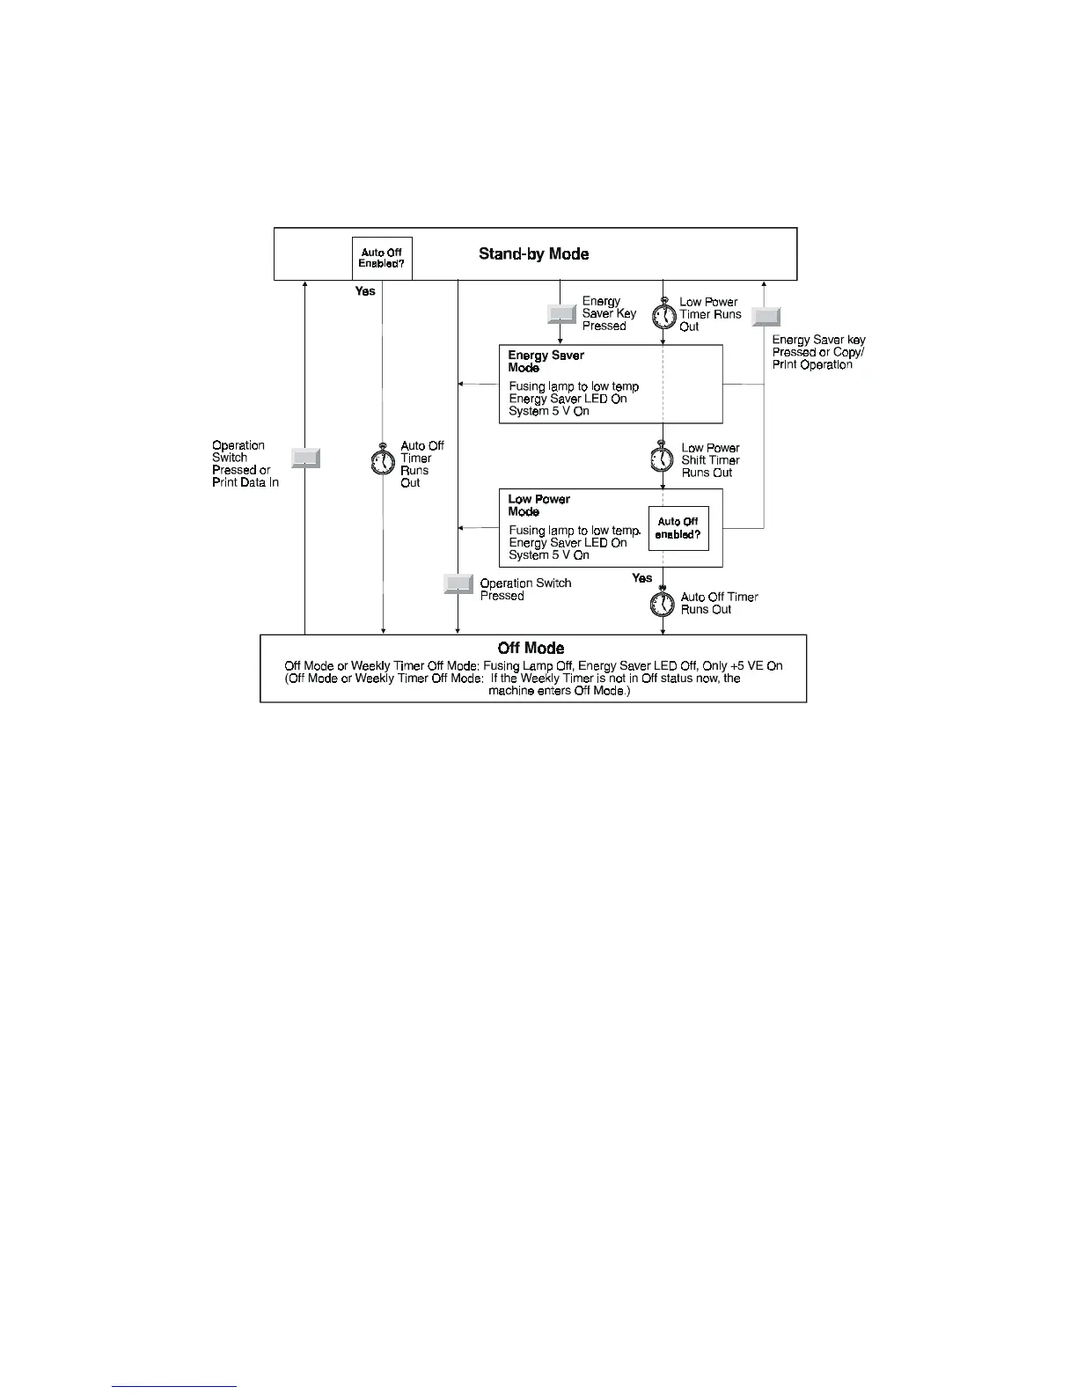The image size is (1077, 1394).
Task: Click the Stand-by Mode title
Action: click(533, 253)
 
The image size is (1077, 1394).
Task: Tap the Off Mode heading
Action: click(531, 649)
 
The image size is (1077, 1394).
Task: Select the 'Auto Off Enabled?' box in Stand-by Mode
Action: click(382, 258)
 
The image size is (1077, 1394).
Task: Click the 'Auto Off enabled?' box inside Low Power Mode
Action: click(678, 528)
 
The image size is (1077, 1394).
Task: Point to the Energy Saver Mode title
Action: click(546, 362)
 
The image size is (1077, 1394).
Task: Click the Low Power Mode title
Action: click(538, 505)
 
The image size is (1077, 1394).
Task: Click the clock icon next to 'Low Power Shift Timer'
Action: click(663, 459)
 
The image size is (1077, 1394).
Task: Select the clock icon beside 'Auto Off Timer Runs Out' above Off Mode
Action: click(663, 604)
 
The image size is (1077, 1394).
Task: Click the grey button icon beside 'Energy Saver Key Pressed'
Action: click(561, 313)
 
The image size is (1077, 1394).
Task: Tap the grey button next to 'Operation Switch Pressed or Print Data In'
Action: click(305, 458)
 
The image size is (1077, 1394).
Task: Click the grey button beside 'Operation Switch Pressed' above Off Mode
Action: click(458, 583)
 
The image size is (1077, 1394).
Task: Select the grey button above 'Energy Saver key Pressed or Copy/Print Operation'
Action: click(766, 317)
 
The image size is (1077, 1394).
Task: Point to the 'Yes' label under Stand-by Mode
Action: click(365, 291)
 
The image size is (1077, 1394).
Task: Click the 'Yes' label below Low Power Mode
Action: click(641, 578)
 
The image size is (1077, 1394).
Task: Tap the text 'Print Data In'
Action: click(245, 482)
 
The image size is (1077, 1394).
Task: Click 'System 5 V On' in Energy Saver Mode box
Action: click(549, 411)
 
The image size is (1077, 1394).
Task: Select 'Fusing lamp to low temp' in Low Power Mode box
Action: click(574, 531)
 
